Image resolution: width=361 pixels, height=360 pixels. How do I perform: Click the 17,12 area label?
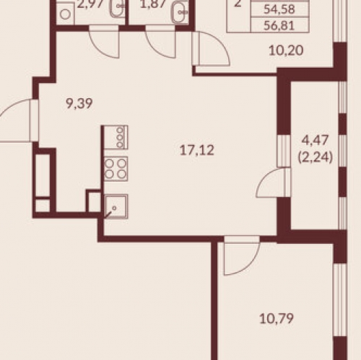[197, 150]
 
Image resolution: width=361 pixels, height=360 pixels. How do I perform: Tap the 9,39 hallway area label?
[79, 104]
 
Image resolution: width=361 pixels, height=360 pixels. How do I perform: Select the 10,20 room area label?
[286, 51]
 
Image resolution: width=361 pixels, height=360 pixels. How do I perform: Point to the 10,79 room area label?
[277, 319]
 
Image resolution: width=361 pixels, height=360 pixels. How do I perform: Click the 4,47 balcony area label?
[315, 140]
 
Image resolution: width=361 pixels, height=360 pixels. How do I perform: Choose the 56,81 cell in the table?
[279, 25]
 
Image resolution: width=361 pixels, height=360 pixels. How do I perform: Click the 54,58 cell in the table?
[279, 9]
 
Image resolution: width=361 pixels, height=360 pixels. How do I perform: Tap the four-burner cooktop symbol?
[116, 168]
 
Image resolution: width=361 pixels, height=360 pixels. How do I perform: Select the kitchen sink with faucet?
[116, 206]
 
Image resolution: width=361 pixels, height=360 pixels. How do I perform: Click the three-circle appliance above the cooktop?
[116, 137]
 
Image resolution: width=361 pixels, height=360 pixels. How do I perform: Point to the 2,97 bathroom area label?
[90, 4]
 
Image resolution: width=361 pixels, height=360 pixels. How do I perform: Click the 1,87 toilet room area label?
[153, 4]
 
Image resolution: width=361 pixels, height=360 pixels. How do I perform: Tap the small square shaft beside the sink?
[94, 201]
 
